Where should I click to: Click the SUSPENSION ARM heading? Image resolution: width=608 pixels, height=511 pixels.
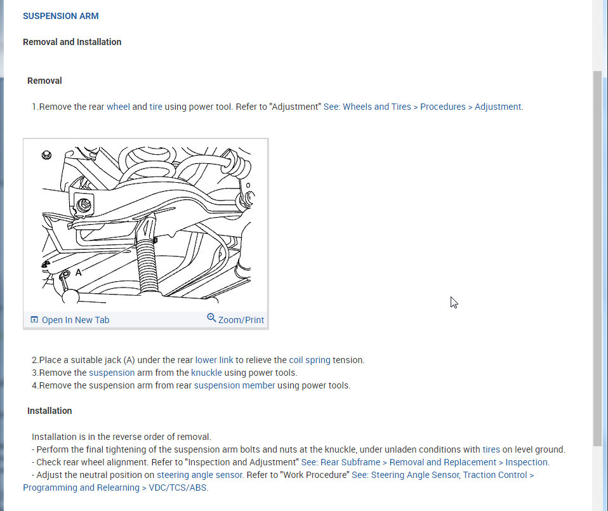60,16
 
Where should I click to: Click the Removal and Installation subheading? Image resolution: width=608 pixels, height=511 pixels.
72,42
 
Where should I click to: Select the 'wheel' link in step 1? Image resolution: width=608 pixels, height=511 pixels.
118,107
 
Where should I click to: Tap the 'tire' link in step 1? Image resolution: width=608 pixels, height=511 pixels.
155,107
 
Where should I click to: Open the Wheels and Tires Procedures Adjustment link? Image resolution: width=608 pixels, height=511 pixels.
423,107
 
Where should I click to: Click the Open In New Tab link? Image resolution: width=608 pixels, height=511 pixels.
75,320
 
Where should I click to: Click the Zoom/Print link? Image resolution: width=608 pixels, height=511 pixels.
241,320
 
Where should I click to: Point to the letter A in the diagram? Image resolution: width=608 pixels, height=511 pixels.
79,272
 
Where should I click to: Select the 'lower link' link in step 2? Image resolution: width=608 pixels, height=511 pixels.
214,360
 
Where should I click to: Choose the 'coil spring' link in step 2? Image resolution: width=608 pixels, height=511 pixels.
309,360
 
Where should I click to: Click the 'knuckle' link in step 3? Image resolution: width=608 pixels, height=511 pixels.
206,373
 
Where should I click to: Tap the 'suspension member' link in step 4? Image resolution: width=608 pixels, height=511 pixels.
234,385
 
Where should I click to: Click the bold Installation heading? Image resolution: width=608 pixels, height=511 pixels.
50,411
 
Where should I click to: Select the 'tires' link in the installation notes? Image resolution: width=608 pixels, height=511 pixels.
491,449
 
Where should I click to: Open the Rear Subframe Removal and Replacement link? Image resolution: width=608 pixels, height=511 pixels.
425,462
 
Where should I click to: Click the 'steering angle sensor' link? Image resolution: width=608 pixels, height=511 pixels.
199,475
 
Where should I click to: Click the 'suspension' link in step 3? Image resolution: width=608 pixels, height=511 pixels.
112,373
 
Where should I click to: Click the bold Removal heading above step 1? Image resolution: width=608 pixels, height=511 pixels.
44,81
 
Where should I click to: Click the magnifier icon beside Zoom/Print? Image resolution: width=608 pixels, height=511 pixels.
211,318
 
